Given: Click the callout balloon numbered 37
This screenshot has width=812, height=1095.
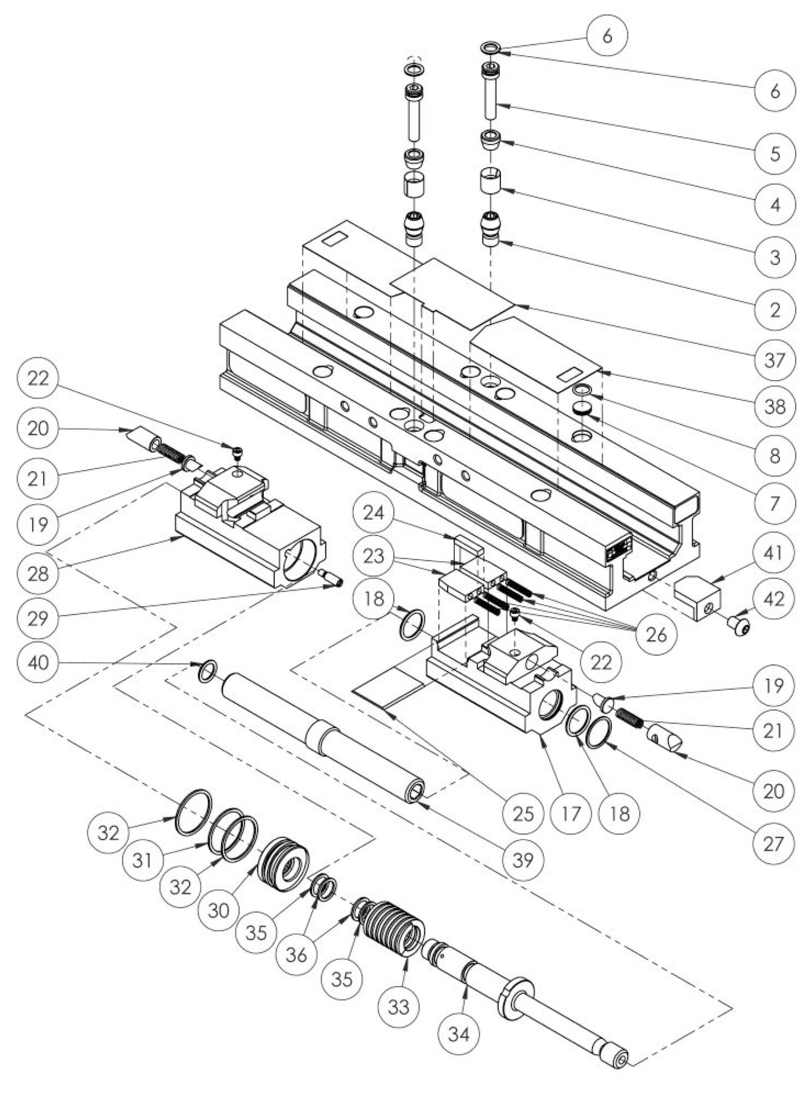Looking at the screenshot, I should point(774,360).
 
